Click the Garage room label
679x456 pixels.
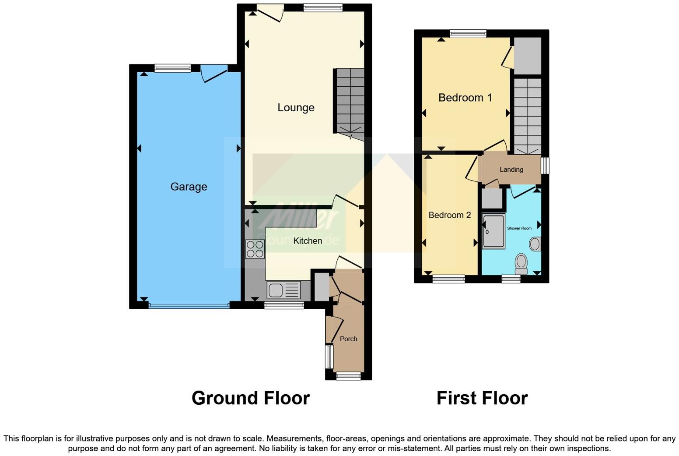click(x=189, y=187)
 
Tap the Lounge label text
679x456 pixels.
click(x=296, y=108)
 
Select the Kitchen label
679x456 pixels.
click(x=308, y=241)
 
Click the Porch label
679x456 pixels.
click(x=348, y=339)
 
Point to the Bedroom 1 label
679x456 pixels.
click(x=465, y=98)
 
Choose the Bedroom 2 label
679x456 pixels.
click(x=449, y=215)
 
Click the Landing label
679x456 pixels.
click(x=511, y=170)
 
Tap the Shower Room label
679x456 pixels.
click(x=519, y=228)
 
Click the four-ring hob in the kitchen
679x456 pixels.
click(x=255, y=249)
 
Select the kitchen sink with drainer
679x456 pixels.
click(x=284, y=290)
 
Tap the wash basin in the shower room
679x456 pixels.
click(x=535, y=244)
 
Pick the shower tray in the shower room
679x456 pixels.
click(x=493, y=231)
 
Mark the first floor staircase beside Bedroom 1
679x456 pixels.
click(x=527, y=116)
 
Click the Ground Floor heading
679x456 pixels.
click(x=251, y=398)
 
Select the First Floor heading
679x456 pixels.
click(x=482, y=398)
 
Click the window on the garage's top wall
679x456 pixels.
click(x=172, y=68)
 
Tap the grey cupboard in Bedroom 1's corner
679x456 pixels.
click(x=527, y=56)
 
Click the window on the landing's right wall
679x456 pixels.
click(x=545, y=166)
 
